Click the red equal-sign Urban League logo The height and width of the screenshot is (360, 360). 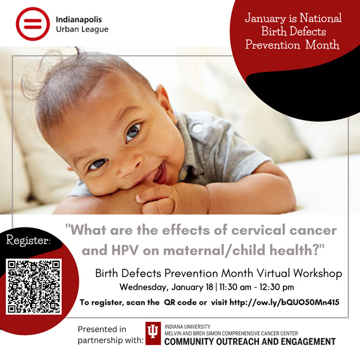(33, 24)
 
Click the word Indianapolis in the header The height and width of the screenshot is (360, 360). (78, 20)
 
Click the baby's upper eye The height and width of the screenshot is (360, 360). (133, 133)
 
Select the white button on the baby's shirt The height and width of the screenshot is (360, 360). (197, 128)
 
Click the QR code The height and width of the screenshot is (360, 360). (33, 286)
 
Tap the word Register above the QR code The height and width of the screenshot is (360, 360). (28, 241)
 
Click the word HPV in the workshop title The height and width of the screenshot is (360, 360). (125, 250)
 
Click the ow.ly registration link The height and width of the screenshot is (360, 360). (284, 302)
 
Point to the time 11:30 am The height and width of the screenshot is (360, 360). (235, 287)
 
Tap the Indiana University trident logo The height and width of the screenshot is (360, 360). (153, 333)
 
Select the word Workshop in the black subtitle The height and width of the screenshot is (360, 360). (318, 273)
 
